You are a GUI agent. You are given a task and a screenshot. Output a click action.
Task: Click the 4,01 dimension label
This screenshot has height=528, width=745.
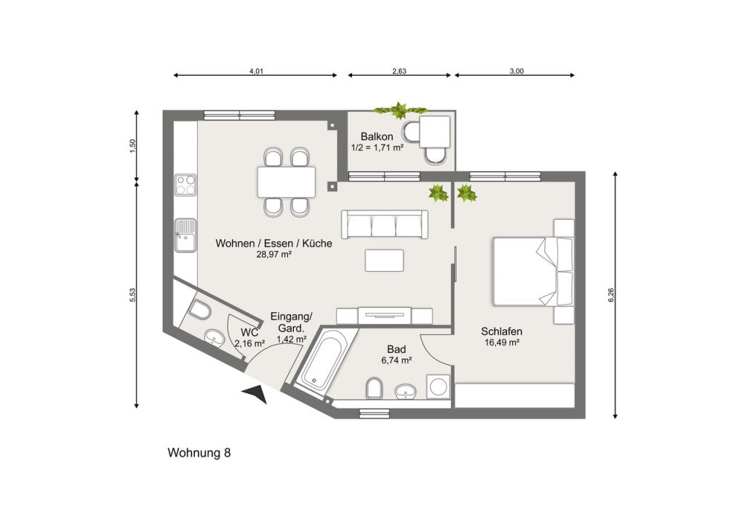coord(256,71)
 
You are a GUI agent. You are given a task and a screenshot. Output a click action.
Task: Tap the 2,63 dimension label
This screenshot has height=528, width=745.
coord(399,71)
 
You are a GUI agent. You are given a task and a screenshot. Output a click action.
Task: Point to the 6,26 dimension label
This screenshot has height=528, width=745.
coord(611,296)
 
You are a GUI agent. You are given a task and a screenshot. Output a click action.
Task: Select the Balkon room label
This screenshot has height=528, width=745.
coord(377,136)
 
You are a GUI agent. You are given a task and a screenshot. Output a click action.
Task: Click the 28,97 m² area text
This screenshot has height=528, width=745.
coord(274,254)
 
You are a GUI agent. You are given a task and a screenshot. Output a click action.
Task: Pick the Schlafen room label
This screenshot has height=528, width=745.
coord(502,331)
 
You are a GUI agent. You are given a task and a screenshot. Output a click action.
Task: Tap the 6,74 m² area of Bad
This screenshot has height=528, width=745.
coord(397,360)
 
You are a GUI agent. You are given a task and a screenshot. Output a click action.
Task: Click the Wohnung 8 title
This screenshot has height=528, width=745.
coord(199,452)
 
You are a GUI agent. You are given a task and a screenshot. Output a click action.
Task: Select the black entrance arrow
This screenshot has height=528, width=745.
coord(255,394)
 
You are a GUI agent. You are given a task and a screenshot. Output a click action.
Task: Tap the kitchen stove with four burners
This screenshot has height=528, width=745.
coord(186,185)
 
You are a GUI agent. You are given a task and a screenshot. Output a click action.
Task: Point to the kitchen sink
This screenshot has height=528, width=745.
coord(186,235)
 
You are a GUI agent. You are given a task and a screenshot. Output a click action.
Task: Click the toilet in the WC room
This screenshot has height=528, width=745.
coord(200,310)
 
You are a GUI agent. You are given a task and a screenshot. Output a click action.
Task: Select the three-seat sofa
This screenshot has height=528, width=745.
coord(385,224)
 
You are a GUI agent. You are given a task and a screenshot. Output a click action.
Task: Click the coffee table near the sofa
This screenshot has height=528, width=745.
coord(384,261)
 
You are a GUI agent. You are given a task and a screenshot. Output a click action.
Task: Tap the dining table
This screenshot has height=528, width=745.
coord(287,182)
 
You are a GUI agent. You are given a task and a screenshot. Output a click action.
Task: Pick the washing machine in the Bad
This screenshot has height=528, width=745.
coord(439,386)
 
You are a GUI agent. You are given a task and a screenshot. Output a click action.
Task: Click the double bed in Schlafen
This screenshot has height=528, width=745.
coord(533,271)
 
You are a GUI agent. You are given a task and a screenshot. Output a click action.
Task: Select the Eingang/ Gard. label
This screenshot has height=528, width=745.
coord(291,322)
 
